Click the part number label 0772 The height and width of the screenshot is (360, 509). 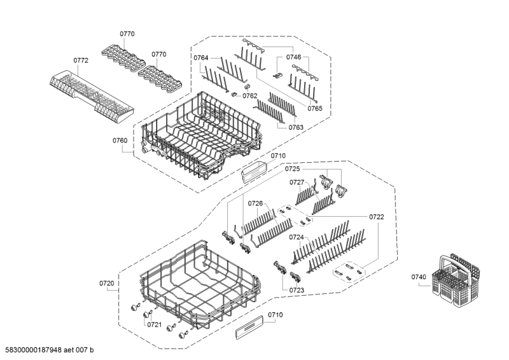pyautogui.click(x=81, y=60)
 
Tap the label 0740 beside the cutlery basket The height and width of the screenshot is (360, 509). pyautogui.click(x=417, y=277)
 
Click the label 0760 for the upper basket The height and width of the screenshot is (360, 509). pyautogui.click(x=120, y=141)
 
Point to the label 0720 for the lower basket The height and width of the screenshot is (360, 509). pyautogui.click(x=107, y=282)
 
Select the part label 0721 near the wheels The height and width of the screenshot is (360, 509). pyautogui.click(x=155, y=324)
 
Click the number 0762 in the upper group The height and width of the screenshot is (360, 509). pyautogui.click(x=250, y=96)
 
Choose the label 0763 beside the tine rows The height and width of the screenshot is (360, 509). pyautogui.click(x=296, y=127)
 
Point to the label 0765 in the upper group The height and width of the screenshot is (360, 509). pyautogui.click(x=315, y=109)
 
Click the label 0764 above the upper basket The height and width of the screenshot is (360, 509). pyautogui.click(x=201, y=58)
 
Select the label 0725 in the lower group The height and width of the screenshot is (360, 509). pyautogui.click(x=292, y=169)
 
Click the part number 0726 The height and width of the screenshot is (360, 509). pyautogui.click(x=255, y=204)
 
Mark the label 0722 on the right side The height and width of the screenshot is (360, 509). pyautogui.click(x=377, y=217)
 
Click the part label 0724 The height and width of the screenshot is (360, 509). pyautogui.click(x=296, y=237)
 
